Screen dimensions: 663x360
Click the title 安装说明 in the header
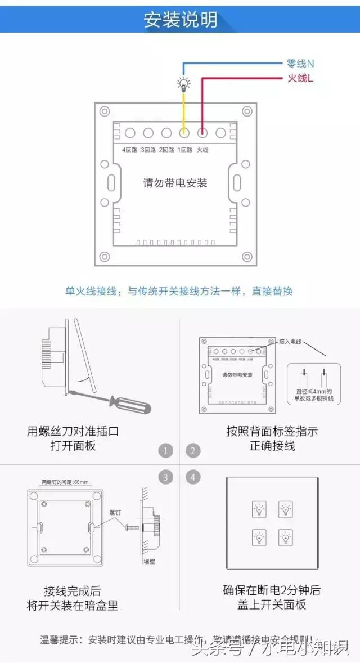click(181, 19)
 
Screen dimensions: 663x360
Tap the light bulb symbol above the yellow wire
click(183, 84)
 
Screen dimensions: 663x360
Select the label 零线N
click(300, 64)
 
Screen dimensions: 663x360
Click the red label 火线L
click(300, 78)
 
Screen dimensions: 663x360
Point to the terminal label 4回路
click(129, 150)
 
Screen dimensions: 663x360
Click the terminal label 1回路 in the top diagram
click(184, 150)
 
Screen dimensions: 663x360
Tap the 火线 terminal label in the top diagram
click(202, 150)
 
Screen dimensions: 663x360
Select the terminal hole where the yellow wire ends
click(184, 133)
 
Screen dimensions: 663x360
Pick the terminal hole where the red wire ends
click(202, 133)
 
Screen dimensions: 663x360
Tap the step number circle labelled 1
click(165, 451)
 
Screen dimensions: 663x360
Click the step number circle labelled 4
click(193, 478)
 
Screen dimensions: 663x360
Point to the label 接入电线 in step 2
click(290, 342)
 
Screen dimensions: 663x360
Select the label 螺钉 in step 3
click(115, 513)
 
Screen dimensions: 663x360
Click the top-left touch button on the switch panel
click(259, 510)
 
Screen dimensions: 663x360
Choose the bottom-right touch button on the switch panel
click(285, 537)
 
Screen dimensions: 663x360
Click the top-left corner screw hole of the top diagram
click(104, 111)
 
